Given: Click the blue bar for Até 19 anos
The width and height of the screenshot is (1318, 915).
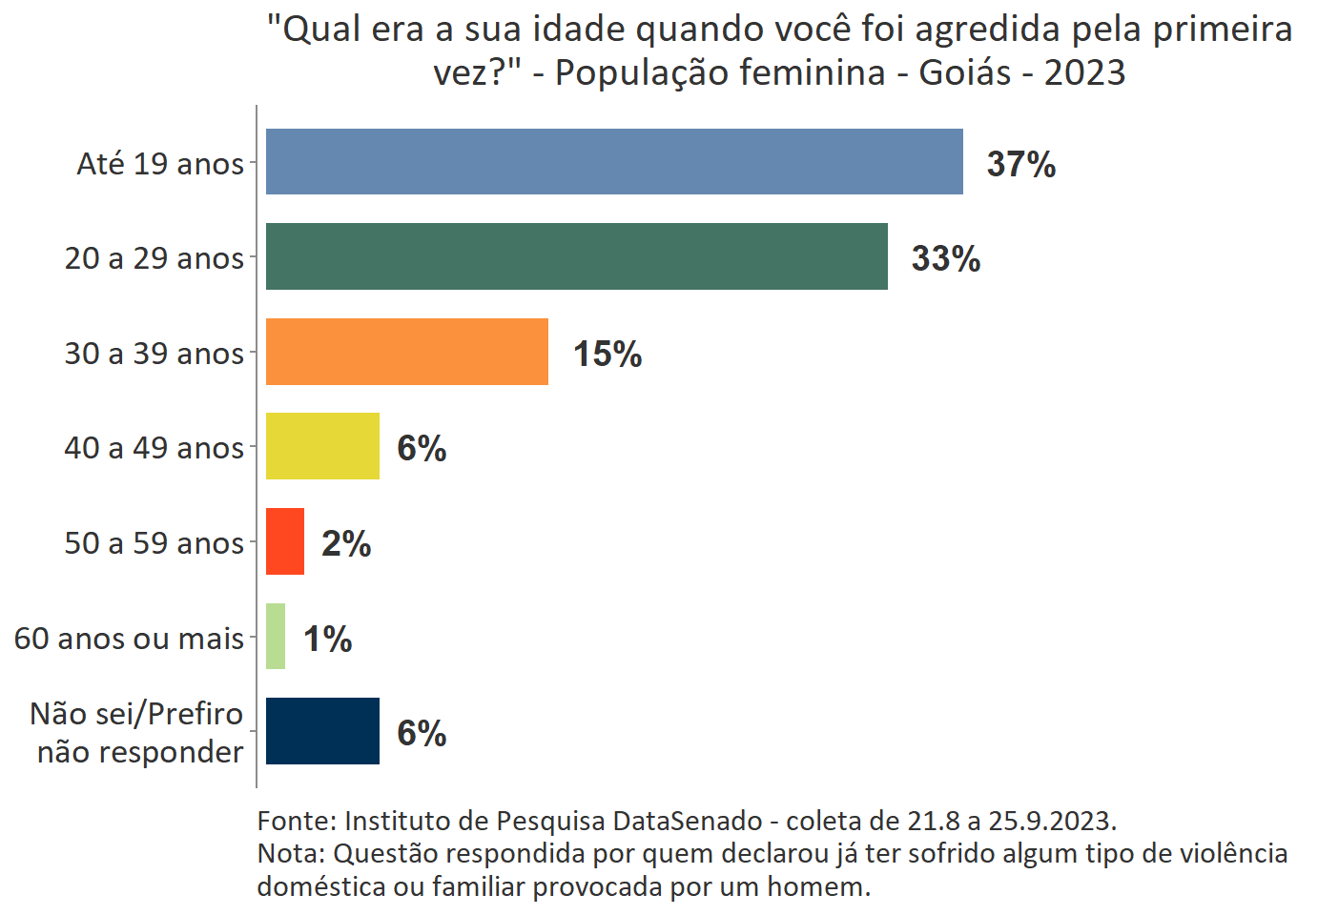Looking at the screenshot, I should (614, 162).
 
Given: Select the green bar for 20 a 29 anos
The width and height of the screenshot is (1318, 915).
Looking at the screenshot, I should (576, 256).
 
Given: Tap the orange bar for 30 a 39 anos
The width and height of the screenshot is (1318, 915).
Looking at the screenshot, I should (407, 352).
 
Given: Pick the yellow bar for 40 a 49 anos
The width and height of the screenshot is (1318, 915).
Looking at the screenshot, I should (322, 446).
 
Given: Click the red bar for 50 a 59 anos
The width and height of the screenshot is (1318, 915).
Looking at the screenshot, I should (285, 541).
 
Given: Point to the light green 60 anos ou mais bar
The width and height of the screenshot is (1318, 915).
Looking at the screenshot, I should (276, 636).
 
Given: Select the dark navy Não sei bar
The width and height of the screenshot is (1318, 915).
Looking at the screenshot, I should (322, 731).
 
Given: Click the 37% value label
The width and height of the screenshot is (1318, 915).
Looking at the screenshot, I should (1021, 164).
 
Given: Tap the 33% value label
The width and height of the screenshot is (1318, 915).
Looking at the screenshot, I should (946, 258).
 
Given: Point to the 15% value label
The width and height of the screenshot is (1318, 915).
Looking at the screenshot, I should (608, 354).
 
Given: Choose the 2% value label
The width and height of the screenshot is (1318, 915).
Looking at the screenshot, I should (346, 543).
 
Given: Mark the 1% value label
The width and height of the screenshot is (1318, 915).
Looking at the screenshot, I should (328, 639).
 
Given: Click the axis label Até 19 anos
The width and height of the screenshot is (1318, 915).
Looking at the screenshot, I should (160, 164).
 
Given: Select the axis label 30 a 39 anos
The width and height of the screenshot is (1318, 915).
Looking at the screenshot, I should (154, 354).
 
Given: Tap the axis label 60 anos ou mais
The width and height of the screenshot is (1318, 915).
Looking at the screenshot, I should (129, 639).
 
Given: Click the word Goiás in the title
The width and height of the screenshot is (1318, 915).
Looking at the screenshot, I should (965, 72).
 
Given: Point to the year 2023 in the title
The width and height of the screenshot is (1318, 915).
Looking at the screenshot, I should (1084, 72).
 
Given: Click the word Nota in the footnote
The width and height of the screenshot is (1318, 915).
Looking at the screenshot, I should (288, 853).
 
